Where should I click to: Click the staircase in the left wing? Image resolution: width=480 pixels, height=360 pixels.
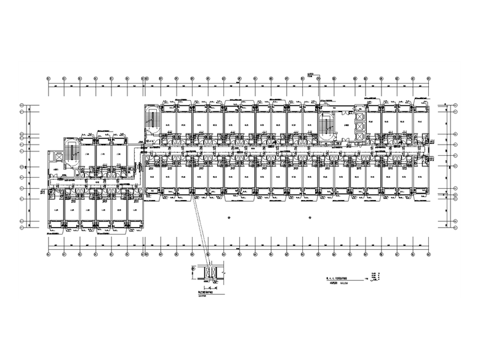coord(72,151)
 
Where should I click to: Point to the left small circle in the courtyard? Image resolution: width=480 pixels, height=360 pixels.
coord(229,217)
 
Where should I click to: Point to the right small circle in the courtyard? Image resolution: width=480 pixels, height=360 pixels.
coord(309,217)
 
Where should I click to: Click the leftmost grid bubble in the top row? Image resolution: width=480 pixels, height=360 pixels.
coord(49,79)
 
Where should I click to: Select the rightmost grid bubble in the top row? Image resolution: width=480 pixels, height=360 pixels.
coord(429,79)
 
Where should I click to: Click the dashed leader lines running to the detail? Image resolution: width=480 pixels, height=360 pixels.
coord(201,231)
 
